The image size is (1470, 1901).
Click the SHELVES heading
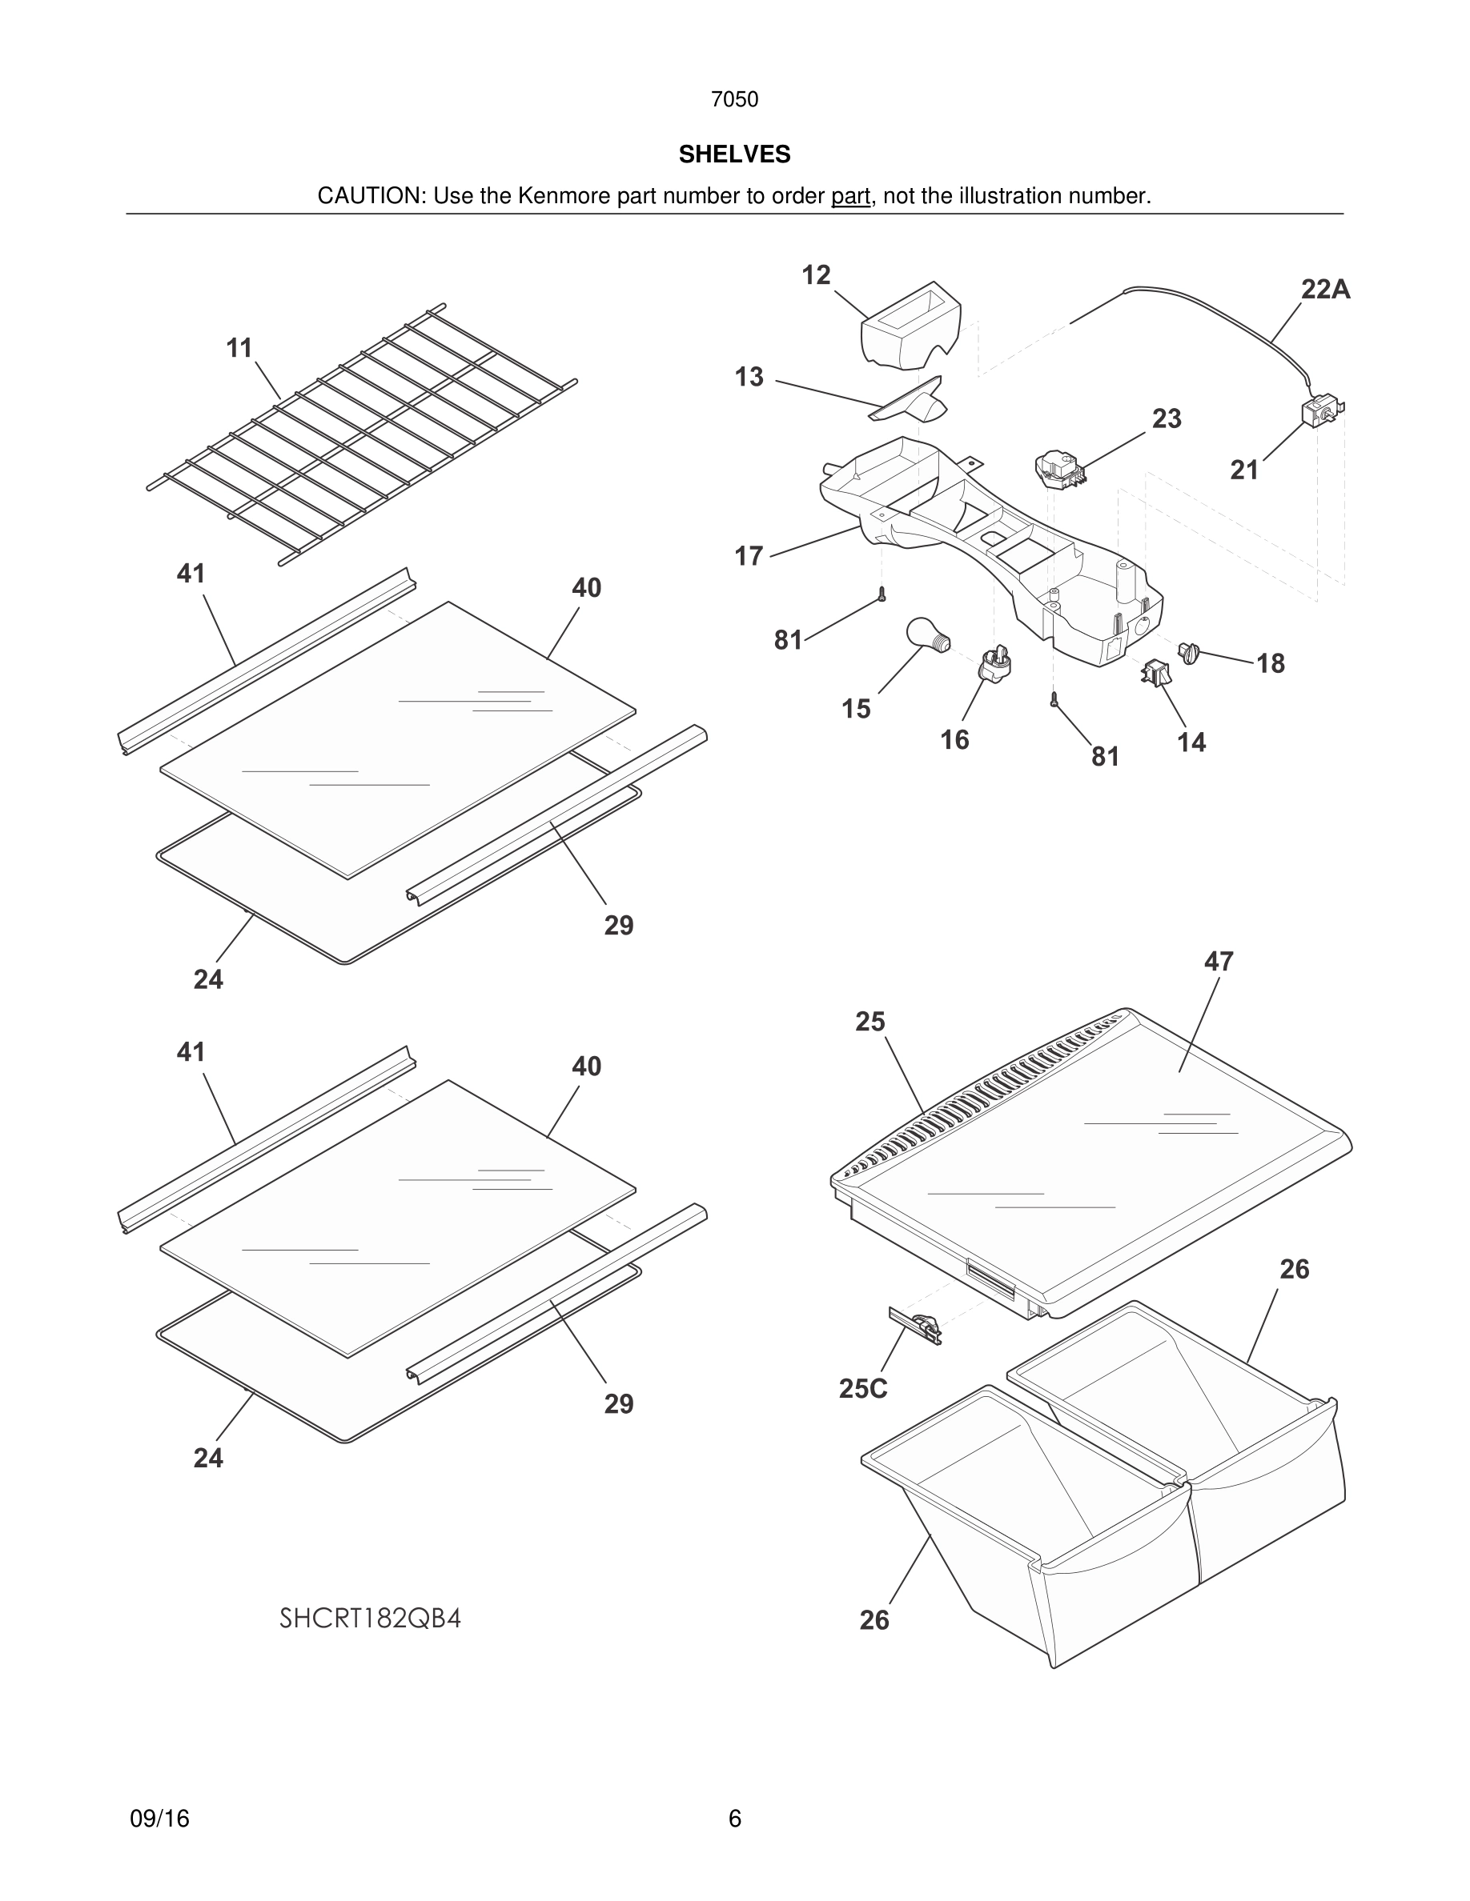point(734,154)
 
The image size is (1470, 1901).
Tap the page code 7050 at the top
point(734,99)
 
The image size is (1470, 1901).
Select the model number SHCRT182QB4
point(370,1618)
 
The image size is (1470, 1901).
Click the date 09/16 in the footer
point(159,1819)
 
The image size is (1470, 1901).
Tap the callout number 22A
point(1324,290)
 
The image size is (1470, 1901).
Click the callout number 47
point(1219,961)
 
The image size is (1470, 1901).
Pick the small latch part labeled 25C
point(915,1327)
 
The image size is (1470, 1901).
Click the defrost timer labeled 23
point(1059,470)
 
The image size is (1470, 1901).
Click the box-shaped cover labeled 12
point(910,331)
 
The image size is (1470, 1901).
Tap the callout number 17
point(749,555)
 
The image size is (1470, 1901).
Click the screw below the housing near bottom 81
point(1054,698)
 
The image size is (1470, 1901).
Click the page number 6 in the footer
point(734,1819)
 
